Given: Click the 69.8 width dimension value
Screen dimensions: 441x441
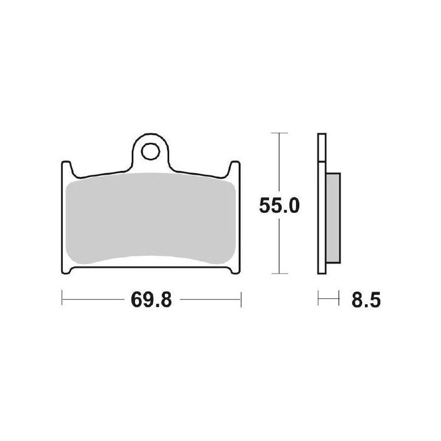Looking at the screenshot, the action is tap(151, 300).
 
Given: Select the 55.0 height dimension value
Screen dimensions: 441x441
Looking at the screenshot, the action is tap(279, 205).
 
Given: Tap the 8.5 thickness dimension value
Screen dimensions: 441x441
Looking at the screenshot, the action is tap(366, 300).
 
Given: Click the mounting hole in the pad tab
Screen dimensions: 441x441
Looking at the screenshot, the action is tap(150, 152).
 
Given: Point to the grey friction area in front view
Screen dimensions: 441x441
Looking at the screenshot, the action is tap(150, 219).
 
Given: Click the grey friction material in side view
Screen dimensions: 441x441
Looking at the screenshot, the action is tap(333, 218).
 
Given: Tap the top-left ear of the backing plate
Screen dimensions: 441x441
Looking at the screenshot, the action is tap(66, 169).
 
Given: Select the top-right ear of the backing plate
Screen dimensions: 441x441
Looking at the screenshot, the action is tap(235, 169).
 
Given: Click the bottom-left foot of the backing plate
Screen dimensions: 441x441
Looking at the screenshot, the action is tap(66, 270).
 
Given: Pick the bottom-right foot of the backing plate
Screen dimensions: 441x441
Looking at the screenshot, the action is tap(235, 270).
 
